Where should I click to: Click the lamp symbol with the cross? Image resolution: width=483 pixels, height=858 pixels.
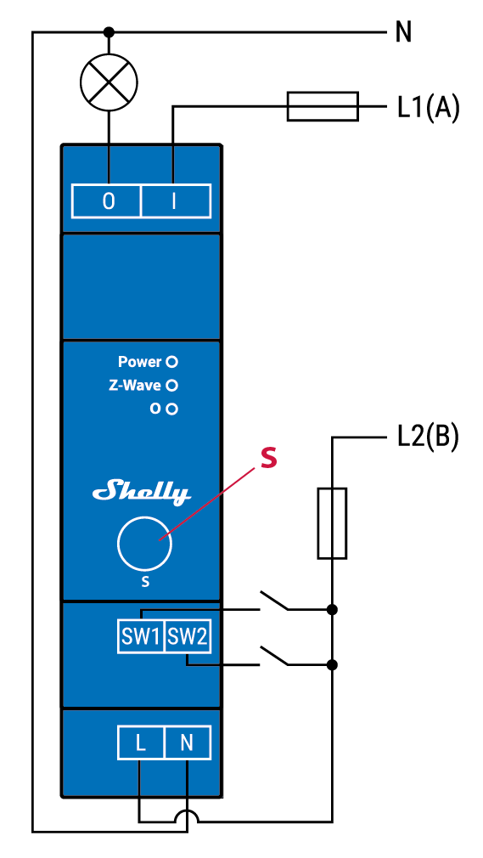[x=108, y=83]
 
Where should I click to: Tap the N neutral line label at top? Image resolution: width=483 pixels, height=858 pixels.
[x=404, y=33]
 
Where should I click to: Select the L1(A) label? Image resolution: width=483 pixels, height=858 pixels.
[x=428, y=108]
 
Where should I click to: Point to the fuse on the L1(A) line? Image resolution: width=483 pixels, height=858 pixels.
[x=323, y=106]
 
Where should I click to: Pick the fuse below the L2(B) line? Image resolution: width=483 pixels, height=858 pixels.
[x=332, y=523]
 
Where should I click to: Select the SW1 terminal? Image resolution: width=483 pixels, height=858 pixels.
[x=140, y=637]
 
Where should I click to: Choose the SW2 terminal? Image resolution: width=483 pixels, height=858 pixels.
[x=187, y=637]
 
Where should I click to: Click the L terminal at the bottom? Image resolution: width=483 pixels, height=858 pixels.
[x=140, y=744]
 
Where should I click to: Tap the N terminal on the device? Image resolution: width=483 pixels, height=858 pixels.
[x=187, y=744]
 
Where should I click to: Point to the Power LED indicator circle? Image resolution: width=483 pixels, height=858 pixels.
[x=172, y=362]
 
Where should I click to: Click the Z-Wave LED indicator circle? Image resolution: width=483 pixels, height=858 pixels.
[x=172, y=385]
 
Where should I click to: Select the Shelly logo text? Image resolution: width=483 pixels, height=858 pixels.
[x=142, y=491]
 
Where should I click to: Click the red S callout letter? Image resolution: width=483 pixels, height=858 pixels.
[x=267, y=460]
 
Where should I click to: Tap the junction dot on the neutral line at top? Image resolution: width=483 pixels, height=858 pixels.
[x=108, y=32]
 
